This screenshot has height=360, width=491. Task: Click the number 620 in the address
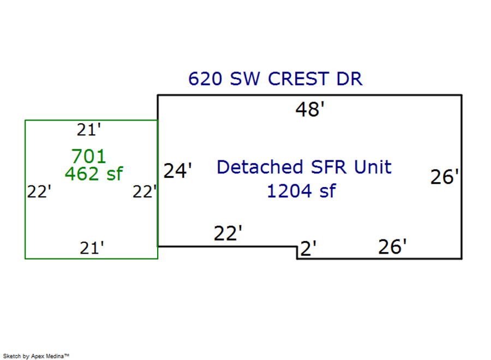pyautogui.click(x=205, y=79)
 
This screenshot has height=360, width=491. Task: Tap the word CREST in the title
pyautogui.click(x=298, y=79)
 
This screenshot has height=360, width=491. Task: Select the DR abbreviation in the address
pyautogui.click(x=349, y=79)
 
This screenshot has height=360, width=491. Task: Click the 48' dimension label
pyautogui.click(x=310, y=110)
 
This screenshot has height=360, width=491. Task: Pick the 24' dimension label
pyautogui.click(x=178, y=171)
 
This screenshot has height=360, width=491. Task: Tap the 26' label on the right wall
pyautogui.click(x=444, y=177)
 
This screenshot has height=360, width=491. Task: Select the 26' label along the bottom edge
pyautogui.click(x=392, y=247)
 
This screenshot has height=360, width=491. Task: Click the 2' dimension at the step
pyautogui.click(x=308, y=249)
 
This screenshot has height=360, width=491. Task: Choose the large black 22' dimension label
pyautogui.click(x=227, y=234)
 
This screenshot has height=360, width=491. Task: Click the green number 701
pyautogui.click(x=88, y=157)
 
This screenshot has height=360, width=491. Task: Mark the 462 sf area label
pyautogui.click(x=93, y=174)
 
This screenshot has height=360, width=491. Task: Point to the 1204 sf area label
pyautogui.click(x=301, y=191)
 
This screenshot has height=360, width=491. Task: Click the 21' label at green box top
pyautogui.click(x=89, y=130)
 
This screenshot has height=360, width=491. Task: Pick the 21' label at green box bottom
pyautogui.click(x=92, y=248)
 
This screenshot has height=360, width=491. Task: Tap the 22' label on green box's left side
pyautogui.click(x=39, y=192)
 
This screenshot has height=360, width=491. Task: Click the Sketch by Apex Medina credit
pyautogui.click(x=36, y=356)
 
